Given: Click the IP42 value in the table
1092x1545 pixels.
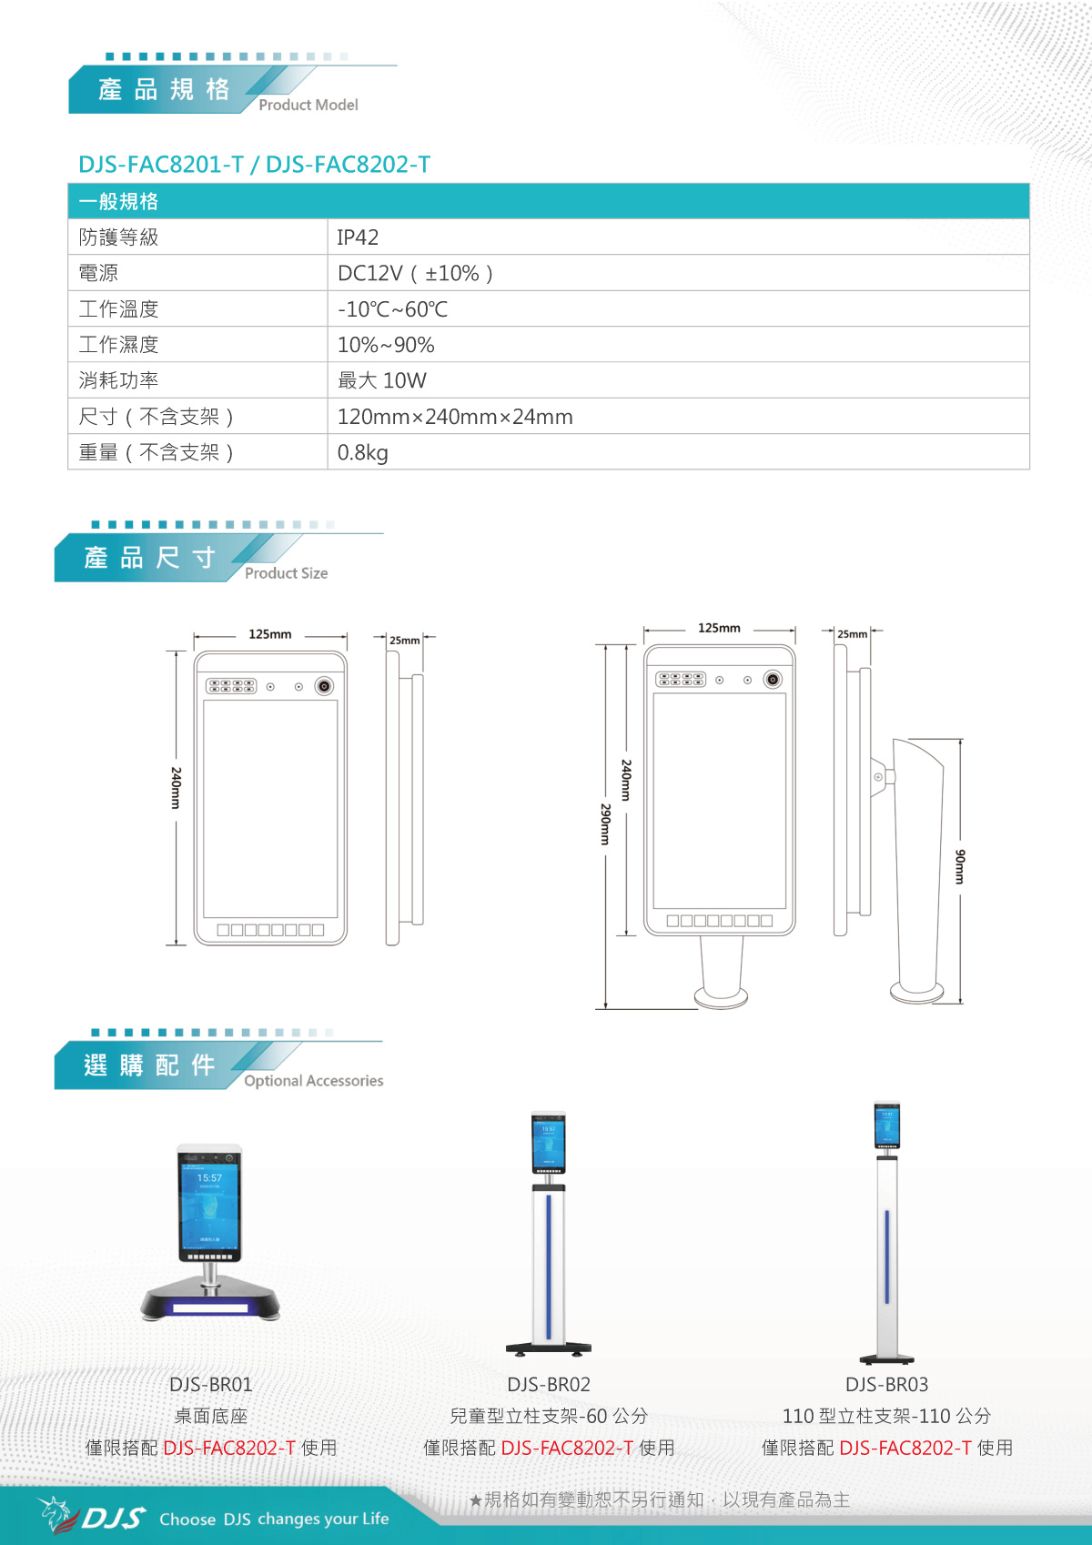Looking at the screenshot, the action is click(358, 237).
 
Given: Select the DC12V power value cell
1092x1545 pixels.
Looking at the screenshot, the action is click(415, 273).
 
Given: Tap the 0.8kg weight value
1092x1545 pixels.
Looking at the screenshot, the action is click(363, 452).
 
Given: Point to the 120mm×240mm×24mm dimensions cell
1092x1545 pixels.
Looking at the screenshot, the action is click(455, 417).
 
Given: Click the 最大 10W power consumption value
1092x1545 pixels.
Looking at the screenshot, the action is click(381, 380).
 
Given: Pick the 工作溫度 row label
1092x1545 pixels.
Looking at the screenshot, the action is click(118, 309).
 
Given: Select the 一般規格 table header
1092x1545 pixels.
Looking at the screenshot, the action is click(118, 201).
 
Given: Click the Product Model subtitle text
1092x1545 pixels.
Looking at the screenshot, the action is click(308, 105).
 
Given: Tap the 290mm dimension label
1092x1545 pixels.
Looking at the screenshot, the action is click(605, 824).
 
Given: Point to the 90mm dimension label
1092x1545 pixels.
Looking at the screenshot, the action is click(959, 867).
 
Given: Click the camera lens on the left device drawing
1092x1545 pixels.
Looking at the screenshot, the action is click(324, 686).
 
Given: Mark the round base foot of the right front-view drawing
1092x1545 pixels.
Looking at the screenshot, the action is click(721, 997).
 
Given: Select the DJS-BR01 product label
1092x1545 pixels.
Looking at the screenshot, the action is click(211, 1384).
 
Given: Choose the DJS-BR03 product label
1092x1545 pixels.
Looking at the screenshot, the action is click(887, 1384).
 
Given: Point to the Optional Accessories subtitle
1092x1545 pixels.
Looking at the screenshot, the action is click(314, 1081).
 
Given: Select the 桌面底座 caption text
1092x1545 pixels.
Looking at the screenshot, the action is click(211, 1416).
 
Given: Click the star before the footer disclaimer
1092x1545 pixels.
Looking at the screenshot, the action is click(475, 1500).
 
